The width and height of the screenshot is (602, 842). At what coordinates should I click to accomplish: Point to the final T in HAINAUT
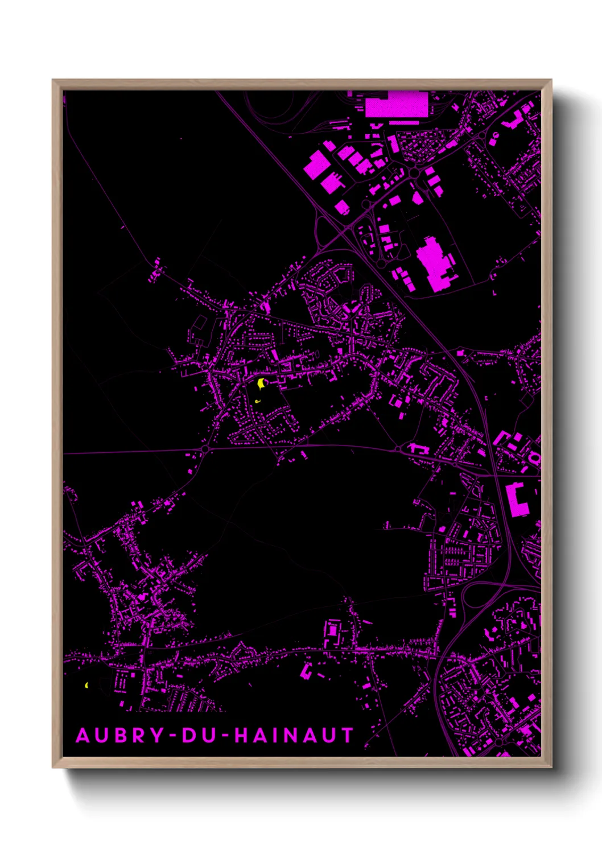tap(347, 735)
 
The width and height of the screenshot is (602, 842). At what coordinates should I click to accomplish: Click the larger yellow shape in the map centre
tap(261, 383)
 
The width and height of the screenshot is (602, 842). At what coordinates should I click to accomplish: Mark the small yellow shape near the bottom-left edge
tap(86, 685)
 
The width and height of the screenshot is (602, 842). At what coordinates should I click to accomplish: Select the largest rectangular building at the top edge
tap(395, 105)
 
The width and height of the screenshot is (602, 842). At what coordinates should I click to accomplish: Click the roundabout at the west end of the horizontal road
tap(204, 449)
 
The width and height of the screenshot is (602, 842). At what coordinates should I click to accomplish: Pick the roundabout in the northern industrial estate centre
tap(414, 172)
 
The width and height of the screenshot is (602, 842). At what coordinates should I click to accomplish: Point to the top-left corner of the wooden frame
tap(53, 81)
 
